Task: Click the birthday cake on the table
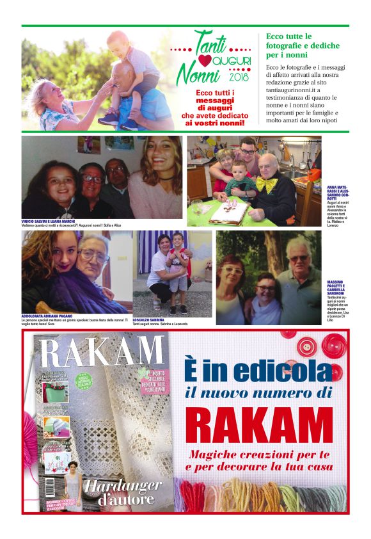point(228,212)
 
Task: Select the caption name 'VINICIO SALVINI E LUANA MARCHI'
point(49,221)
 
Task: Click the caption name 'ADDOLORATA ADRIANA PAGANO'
point(51,316)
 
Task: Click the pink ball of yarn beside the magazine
point(30,435)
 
